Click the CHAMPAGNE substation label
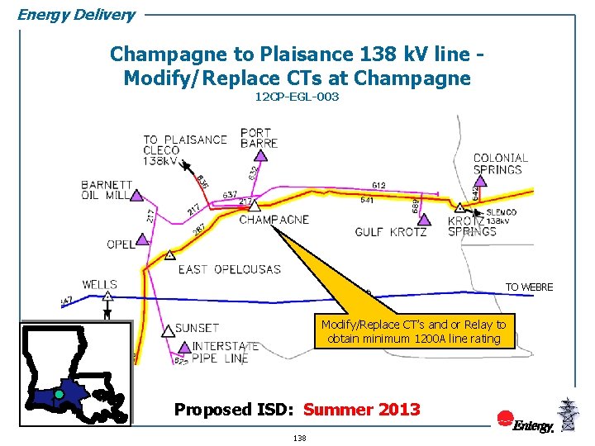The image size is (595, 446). click(x=274, y=220)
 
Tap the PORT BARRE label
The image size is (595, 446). click(x=259, y=137)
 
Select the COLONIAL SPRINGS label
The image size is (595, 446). click(x=500, y=164)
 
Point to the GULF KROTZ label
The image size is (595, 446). click(x=391, y=232)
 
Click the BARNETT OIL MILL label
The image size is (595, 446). click(x=107, y=190)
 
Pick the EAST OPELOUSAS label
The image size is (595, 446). click(x=229, y=269)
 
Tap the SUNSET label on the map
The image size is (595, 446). click(x=197, y=329)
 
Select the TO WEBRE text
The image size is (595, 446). click(x=529, y=287)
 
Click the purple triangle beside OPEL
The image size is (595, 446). click(x=141, y=240)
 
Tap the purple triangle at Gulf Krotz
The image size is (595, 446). click(x=424, y=220)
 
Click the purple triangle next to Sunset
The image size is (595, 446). click(x=168, y=330)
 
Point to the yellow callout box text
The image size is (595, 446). click(x=413, y=332)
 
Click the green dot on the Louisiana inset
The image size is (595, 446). click(x=59, y=395)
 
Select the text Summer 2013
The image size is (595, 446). click(x=361, y=409)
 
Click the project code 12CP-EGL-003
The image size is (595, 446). click(x=297, y=97)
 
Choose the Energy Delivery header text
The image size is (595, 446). click(x=76, y=14)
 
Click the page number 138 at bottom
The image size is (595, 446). click(x=299, y=438)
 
